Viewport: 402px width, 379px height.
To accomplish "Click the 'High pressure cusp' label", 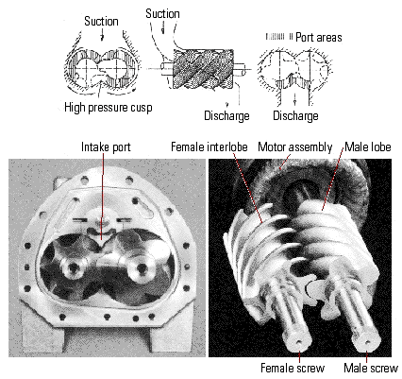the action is pyautogui.click(x=109, y=108).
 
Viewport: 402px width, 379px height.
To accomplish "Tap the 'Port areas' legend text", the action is pyautogui.click(x=319, y=38).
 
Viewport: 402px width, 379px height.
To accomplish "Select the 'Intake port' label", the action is pyautogui.click(x=106, y=147).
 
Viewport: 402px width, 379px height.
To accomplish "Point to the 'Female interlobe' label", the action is pyautogui.click(x=209, y=147).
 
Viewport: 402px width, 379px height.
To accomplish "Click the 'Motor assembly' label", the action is pyautogui.click(x=295, y=147).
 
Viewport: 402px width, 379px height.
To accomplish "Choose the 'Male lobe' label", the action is pyautogui.click(x=368, y=146).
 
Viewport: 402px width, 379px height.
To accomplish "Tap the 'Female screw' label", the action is pyautogui.click(x=293, y=368).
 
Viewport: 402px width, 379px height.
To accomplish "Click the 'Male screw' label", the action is pyautogui.click(x=371, y=368).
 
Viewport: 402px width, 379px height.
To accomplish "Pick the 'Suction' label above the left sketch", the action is pyautogui.click(x=101, y=22).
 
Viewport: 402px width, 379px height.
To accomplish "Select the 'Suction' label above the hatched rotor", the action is pyautogui.click(x=162, y=14).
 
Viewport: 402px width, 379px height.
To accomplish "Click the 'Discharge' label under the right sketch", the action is pyautogui.click(x=295, y=115).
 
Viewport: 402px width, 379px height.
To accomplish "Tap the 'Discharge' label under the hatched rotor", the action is pyautogui.click(x=226, y=115).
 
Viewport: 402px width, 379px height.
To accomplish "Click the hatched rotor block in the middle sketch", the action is pyautogui.click(x=203, y=69).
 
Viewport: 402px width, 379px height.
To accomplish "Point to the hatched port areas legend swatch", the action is pyautogui.click(x=279, y=37).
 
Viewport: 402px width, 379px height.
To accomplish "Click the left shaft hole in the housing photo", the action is pyautogui.click(x=74, y=268).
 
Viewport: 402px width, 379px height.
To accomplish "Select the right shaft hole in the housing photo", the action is pyautogui.click(x=142, y=268).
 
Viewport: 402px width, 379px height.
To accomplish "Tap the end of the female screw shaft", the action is pyautogui.click(x=298, y=342).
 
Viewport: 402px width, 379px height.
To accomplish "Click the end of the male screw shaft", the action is pyautogui.click(x=367, y=341).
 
